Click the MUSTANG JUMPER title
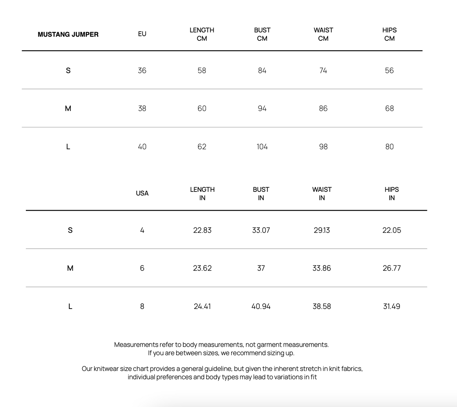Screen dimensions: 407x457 point(68,34)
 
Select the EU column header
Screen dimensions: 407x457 point(142,34)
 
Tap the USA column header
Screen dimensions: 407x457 point(142,193)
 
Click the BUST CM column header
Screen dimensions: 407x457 point(262,34)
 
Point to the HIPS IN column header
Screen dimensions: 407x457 point(391,193)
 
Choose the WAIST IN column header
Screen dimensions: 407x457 point(322,193)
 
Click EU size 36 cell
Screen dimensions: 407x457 point(142,71)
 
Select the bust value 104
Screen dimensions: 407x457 point(262,147)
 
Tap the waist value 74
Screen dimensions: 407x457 point(323,71)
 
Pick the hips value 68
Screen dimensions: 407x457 point(389,109)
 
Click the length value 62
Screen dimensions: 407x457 point(202,147)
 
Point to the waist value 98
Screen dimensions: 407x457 point(323,147)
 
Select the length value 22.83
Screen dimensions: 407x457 point(202,230)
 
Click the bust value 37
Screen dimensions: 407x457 point(261,268)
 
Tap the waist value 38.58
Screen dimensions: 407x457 point(322,306)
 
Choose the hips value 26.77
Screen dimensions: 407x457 point(391,268)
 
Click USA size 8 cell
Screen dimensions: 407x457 point(142,306)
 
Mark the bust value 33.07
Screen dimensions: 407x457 point(261,230)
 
